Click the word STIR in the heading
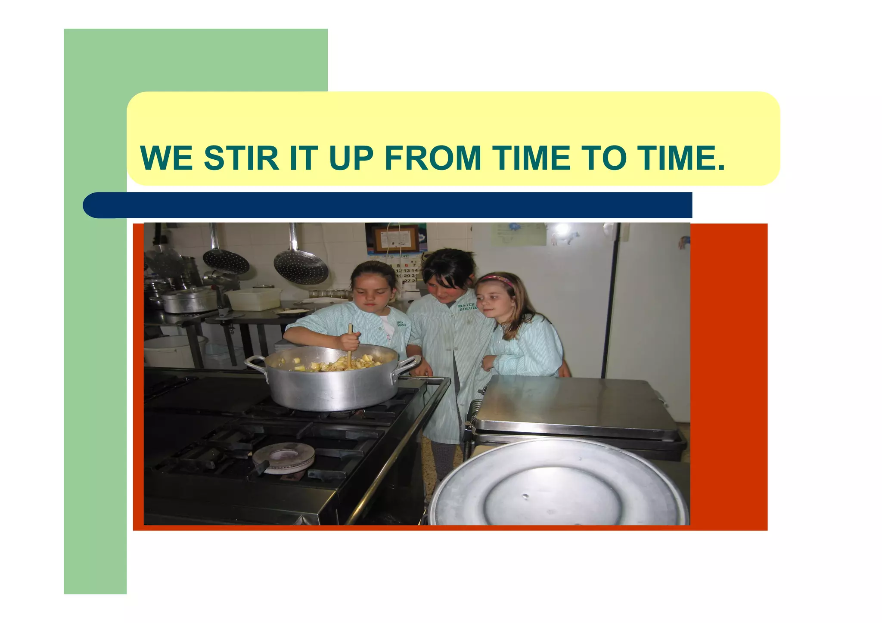(x=241, y=158)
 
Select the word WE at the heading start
(x=166, y=158)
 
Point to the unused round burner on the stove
(x=283, y=457)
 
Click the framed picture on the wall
(x=395, y=239)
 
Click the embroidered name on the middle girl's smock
(x=468, y=307)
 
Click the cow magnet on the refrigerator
(x=567, y=237)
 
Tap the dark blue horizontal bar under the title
(x=388, y=205)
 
